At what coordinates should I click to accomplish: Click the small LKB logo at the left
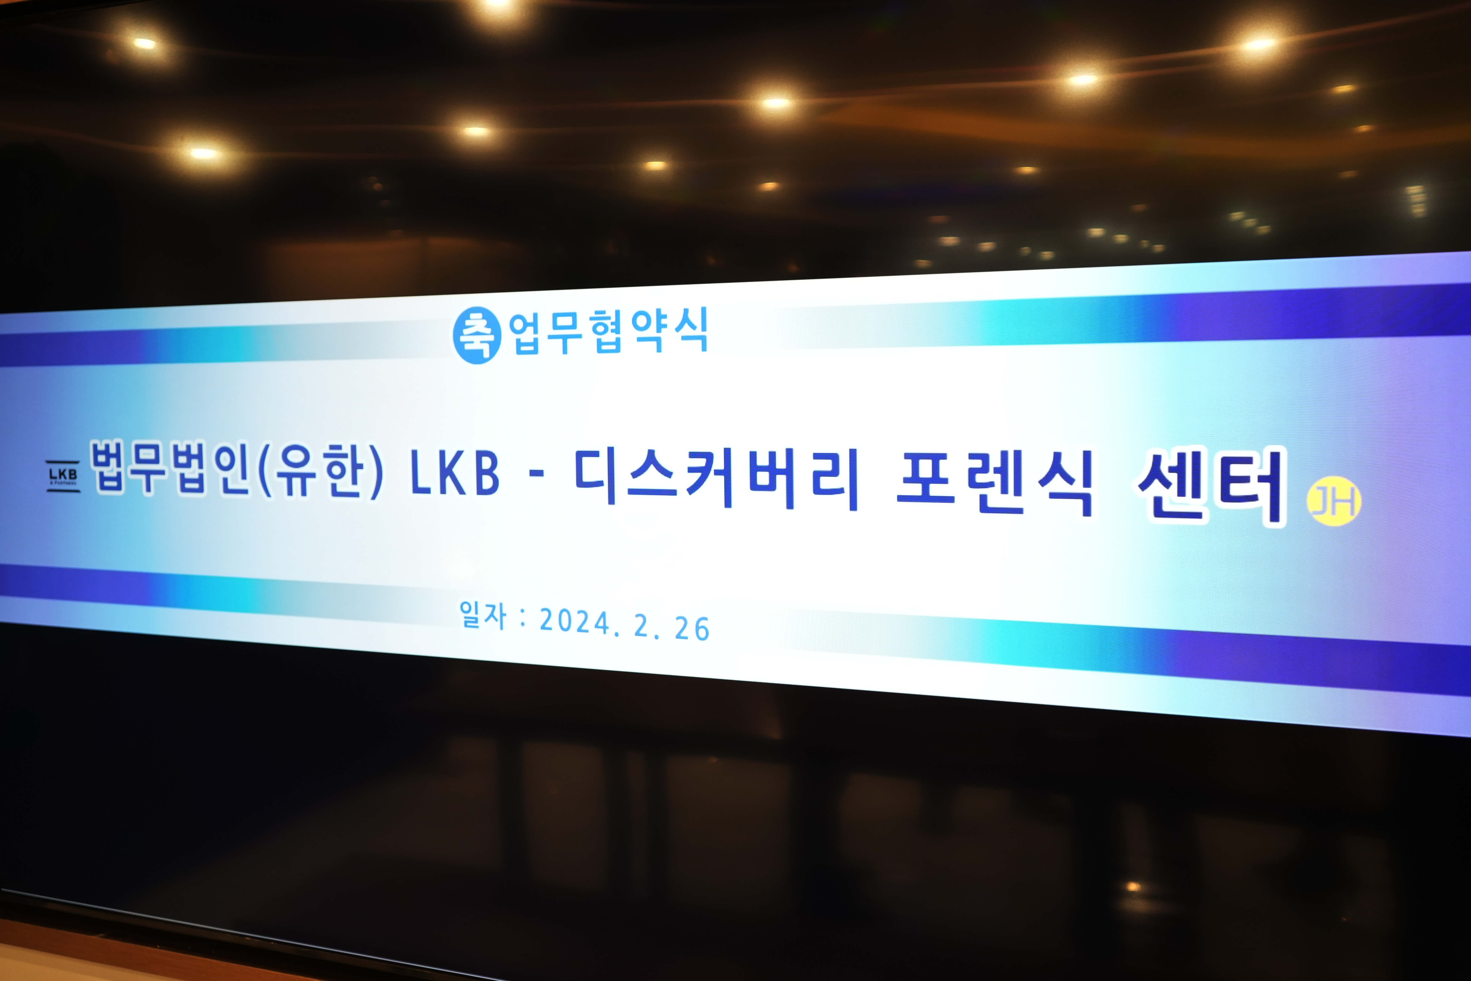tap(63, 476)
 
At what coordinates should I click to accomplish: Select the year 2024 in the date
tap(574, 621)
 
